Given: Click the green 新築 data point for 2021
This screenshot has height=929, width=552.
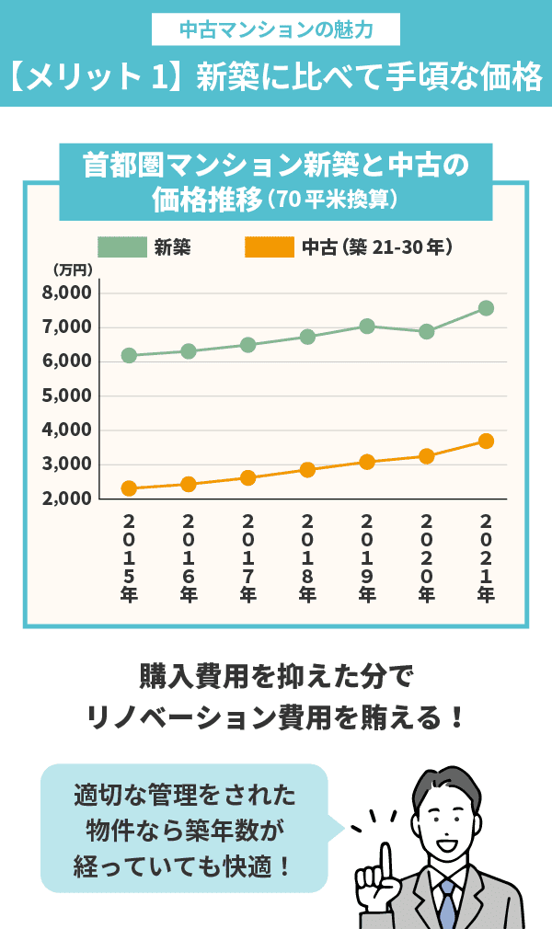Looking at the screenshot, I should (x=486, y=308).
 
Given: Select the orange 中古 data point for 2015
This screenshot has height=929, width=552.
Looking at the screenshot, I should (x=129, y=488).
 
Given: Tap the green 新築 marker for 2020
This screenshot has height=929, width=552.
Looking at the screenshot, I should (x=427, y=332).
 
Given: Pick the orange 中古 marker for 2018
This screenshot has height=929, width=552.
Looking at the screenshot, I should (x=307, y=470).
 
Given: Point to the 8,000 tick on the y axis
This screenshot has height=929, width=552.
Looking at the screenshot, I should (x=67, y=292).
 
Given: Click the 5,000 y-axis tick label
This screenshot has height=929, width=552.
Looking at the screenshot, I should (x=67, y=396).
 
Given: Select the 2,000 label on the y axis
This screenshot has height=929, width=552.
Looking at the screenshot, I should (x=67, y=499).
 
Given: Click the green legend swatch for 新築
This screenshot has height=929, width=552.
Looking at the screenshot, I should (x=121, y=247).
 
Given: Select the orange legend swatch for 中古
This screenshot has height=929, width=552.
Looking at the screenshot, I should (x=269, y=247).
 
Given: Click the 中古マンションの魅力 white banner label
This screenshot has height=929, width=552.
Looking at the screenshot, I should (x=276, y=30).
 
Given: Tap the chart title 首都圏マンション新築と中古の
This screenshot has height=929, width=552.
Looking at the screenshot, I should (x=276, y=166).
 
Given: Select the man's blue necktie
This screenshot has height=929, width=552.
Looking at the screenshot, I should (x=447, y=905).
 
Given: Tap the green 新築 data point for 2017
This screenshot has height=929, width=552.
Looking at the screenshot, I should (x=248, y=345).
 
